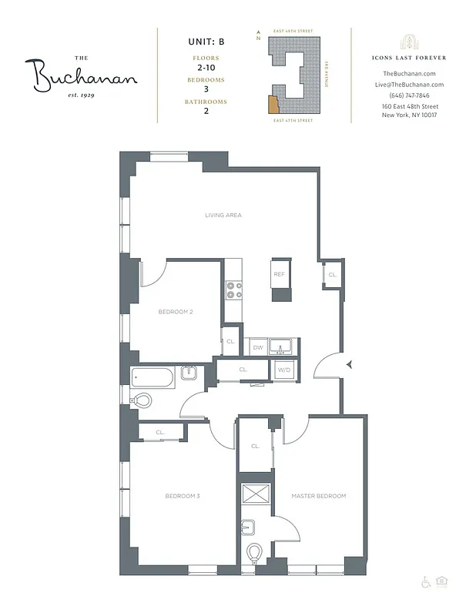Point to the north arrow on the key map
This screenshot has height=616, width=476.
point(259,34)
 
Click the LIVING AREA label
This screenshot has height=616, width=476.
point(223,216)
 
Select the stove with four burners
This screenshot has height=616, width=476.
point(234,290)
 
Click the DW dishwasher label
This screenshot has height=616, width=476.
point(257,347)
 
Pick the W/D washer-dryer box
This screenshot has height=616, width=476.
point(284,370)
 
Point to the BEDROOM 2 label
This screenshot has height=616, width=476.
point(175,312)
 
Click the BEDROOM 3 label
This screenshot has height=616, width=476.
point(183,496)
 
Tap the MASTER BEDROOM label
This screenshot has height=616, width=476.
point(318,496)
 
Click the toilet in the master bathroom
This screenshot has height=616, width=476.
point(254,553)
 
